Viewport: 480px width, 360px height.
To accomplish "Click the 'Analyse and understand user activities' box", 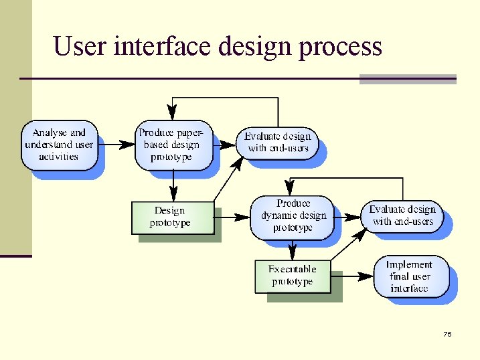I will coord(59,145).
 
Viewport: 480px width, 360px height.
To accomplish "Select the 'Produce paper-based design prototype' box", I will coord(173,145).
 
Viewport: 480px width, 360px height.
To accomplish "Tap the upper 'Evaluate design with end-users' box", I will coord(277,142).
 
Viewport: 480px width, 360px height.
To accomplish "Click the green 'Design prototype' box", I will coord(172,217).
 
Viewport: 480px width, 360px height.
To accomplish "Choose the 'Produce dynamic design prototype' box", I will coord(293,215).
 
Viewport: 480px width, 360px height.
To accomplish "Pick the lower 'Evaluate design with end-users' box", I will coord(402,215).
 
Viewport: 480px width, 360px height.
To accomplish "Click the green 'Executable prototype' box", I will coord(293,276).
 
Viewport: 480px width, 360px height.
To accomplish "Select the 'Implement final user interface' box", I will coord(410,276).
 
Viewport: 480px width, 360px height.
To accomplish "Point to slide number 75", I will coord(447,334).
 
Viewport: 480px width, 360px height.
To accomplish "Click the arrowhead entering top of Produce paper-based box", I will coord(172,113).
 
